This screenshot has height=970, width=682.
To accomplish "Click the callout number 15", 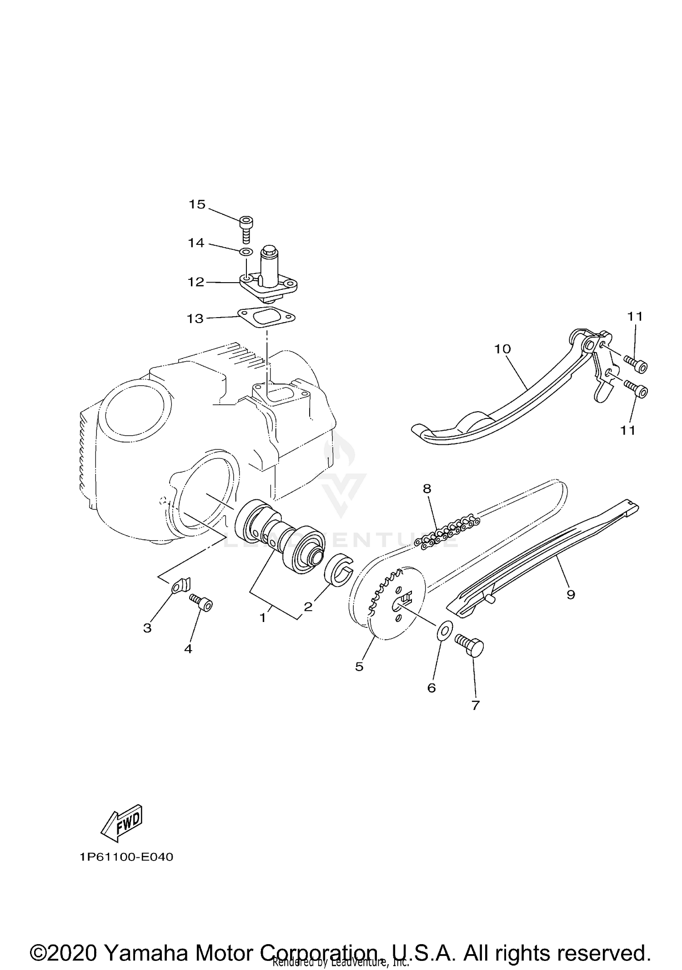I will coord(197,204).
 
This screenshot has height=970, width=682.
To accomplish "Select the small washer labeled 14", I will coord(246,252).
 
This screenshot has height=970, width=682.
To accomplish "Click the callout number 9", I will coord(571,594).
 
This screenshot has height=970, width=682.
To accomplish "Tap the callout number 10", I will coord(503,349).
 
